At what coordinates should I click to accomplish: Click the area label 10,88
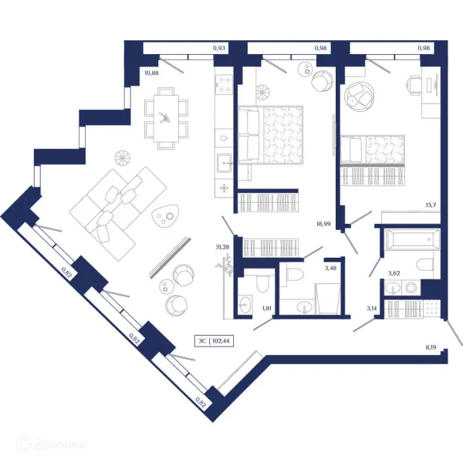pyautogui.click(x=151, y=73)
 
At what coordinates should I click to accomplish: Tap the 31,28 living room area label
pyautogui.click(x=222, y=247)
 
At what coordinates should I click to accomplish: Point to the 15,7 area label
pyautogui.click(x=431, y=205)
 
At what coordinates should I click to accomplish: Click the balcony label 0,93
pyautogui.click(x=220, y=49)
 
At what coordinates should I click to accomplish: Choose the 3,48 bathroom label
pyautogui.click(x=331, y=268)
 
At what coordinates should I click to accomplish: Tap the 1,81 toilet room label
pyautogui.click(x=267, y=309)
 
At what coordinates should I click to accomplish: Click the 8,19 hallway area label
pyautogui.click(x=431, y=347)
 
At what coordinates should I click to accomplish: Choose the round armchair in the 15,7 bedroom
pyautogui.click(x=358, y=95)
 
